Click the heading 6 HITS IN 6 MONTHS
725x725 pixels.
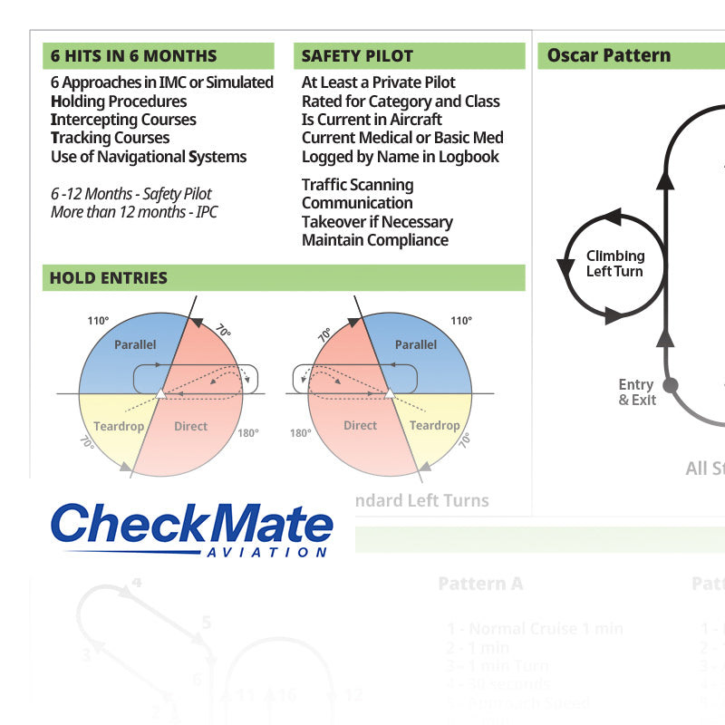click(x=133, y=56)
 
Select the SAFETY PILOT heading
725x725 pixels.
click(x=357, y=56)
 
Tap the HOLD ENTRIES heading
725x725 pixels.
click(x=109, y=278)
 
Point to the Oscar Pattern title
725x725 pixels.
click(x=609, y=55)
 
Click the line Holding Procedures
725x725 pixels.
click(x=119, y=101)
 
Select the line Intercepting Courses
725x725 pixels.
click(x=123, y=120)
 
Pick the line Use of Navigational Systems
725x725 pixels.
click(x=149, y=157)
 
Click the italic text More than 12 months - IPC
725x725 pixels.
click(x=134, y=212)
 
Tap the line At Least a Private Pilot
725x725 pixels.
click(x=379, y=82)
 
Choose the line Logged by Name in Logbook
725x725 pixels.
click(x=401, y=157)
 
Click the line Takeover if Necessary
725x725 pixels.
click(x=377, y=222)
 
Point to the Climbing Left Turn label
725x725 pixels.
click(x=614, y=264)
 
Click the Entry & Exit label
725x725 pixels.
click(x=636, y=392)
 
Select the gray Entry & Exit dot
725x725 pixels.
click(x=671, y=385)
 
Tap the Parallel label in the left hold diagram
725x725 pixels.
click(x=135, y=345)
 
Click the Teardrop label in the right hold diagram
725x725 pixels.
click(x=434, y=426)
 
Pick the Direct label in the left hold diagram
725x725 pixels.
click(x=190, y=426)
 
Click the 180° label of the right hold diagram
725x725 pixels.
click(x=301, y=433)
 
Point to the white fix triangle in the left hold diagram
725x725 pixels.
click(x=160, y=392)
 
